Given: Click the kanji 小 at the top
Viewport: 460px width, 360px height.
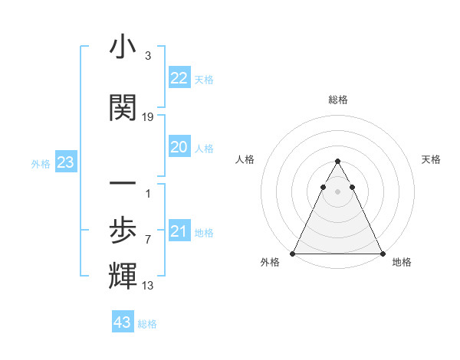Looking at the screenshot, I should (123, 47).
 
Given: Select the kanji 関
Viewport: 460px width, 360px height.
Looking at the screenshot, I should (123, 108).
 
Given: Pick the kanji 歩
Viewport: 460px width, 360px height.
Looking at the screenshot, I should (123, 230).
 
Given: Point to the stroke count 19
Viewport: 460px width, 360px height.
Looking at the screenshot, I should (148, 117).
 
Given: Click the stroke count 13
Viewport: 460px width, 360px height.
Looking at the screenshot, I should (148, 286).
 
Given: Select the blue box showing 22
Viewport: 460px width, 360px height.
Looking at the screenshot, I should (179, 78).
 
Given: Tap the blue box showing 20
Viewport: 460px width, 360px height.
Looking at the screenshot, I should (179, 147).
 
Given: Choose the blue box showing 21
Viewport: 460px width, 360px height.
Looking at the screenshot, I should (179, 231).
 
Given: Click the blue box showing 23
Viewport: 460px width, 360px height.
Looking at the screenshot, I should (65, 162).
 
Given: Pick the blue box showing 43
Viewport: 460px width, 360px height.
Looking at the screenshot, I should (123, 322).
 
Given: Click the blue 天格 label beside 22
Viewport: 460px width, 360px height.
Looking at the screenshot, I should (204, 80).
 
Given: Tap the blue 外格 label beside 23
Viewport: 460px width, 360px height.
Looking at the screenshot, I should (41, 164).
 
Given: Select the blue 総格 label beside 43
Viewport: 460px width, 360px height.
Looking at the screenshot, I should (147, 324).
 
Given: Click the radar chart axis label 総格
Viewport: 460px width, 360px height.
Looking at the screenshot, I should (337, 100).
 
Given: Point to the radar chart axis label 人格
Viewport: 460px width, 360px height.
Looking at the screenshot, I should (245, 159).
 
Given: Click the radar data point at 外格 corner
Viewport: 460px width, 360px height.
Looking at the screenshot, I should (293, 253).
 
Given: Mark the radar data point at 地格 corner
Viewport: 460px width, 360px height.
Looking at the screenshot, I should (382, 253).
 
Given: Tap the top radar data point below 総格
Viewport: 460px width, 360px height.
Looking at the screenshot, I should (337, 161).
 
